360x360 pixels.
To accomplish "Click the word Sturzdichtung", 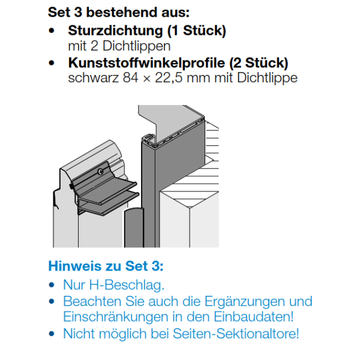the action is pyautogui.click(x=115, y=31).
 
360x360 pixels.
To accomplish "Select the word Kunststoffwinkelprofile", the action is pyautogui.click(x=146, y=63).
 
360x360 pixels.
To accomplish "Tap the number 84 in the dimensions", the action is pyautogui.click(x=130, y=78).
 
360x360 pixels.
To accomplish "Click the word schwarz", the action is pyautogui.click(x=93, y=78).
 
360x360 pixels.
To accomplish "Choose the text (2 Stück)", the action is pyautogui.click(x=259, y=63).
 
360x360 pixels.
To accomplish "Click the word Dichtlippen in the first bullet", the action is pyautogui.click(x=136, y=46).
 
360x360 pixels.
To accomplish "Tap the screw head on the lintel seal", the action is pyautogui.click(x=100, y=171).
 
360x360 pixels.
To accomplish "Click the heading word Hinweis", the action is pyautogui.click(x=75, y=266).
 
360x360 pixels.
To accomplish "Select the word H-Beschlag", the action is pyautogui.click(x=127, y=285).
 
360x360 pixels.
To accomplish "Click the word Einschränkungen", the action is pyautogui.click(x=116, y=317).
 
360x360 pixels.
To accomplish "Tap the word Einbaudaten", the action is pyautogui.click(x=254, y=317).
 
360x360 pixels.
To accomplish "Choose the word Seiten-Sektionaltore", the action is pyautogui.click(x=236, y=334).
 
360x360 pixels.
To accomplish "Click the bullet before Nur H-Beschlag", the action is pyautogui.click(x=52, y=285).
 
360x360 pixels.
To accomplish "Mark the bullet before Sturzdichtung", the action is pyautogui.click(x=52, y=31).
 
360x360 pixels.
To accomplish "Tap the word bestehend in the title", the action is pyautogui.click(x=122, y=12).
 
